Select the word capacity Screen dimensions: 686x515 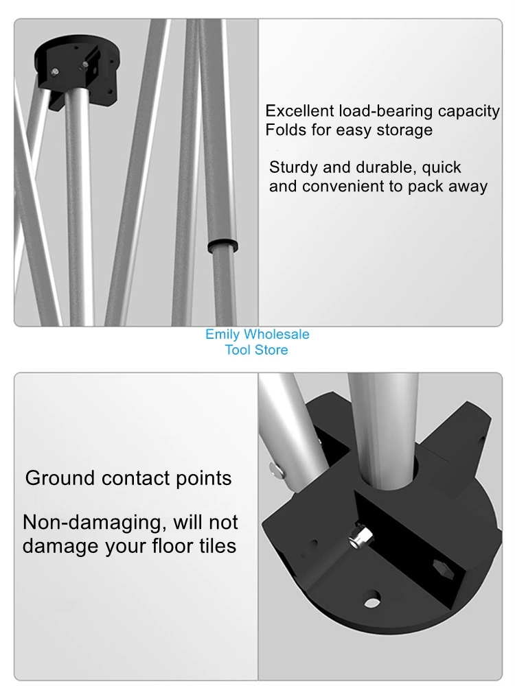pyautogui.click(x=469, y=112)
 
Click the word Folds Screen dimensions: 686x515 pyautogui.click(x=286, y=130)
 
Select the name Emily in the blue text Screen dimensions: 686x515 pyautogui.click(x=222, y=335)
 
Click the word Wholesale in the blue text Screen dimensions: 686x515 pyautogui.click(x=277, y=335)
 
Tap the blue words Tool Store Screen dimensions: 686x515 pyautogui.click(x=257, y=351)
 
